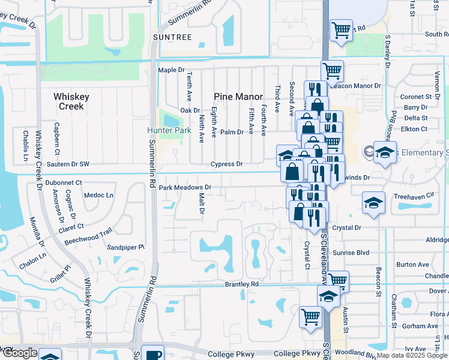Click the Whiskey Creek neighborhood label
click(x=71, y=101)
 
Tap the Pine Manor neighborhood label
click(x=239, y=97)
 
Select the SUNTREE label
click(x=172, y=37)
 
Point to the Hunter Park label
click(x=169, y=130)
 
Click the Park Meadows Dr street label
click(x=185, y=188)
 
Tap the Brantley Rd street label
click(x=241, y=284)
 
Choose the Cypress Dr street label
click(x=226, y=164)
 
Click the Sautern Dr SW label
click(x=67, y=164)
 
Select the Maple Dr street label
click(x=171, y=70)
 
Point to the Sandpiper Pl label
click(x=125, y=247)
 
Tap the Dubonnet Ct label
click(x=63, y=182)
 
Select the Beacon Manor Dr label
click(x=357, y=86)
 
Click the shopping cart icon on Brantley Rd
click(x=337, y=280)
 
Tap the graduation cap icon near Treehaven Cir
click(x=373, y=202)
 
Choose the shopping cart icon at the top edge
click(x=341, y=29)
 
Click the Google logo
click(x=20, y=353)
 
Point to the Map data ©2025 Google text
click(x=411, y=355)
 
